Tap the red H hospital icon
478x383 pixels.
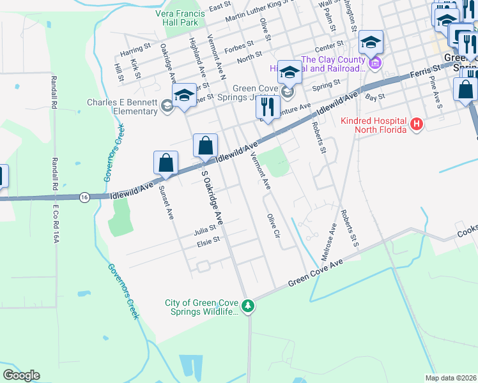point(416,124)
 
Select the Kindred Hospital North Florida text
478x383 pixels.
point(374,125)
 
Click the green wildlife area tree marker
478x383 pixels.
point(250,307)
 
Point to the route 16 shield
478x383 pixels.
point(84,198)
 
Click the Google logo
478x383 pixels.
point(21,375)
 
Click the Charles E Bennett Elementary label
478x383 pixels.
point(122,106)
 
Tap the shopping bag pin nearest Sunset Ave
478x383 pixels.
point(166,163)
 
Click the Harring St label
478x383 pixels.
point(135,47)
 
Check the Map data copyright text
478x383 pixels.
point(451,378)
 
